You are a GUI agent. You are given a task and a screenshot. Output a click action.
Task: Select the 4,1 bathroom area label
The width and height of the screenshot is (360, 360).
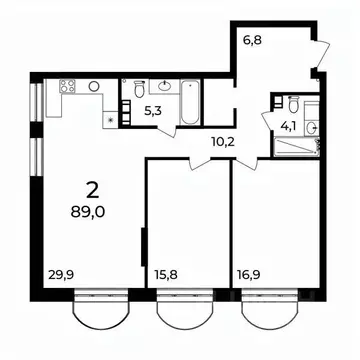285,126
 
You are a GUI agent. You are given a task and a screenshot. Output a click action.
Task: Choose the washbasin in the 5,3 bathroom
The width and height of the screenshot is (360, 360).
163,86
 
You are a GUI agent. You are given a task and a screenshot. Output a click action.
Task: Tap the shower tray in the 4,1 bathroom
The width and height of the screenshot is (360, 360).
295,149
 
